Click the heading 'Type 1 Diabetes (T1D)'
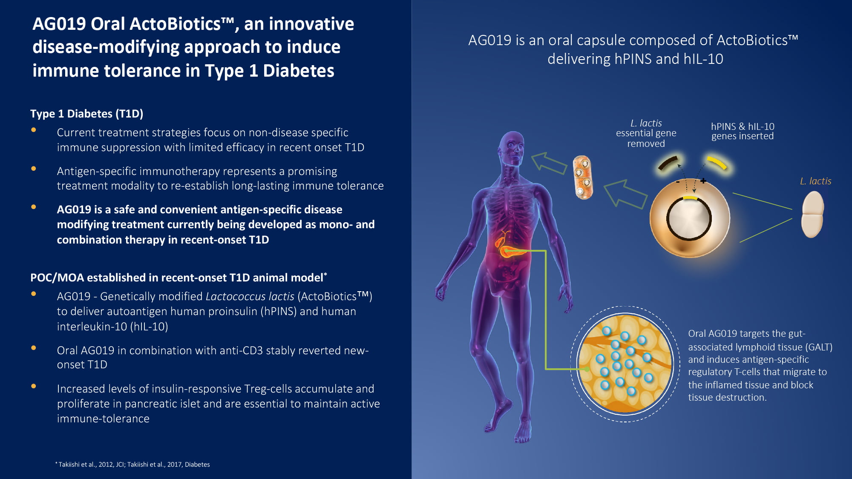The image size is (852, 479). click(x=86, y=114)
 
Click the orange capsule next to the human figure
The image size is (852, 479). click(x=583, y=177)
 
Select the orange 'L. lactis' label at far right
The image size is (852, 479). click(x=815, y=181)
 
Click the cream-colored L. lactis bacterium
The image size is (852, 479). click(x=812, y=214)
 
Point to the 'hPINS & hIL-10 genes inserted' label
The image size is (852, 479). click(x=743, y=131)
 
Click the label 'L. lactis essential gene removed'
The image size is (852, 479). click(x=646, y=133)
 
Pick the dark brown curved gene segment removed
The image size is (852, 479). click(x=668, y=163)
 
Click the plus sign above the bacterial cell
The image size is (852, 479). click(x=703, y=181)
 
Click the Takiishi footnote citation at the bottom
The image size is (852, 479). click(x=132, y=464)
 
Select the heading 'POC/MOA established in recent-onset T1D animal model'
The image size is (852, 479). click(x=178, y=278)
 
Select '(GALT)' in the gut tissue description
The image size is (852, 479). click(x=818, y=347)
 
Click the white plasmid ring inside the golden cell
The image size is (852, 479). click(x=689, y=218)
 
